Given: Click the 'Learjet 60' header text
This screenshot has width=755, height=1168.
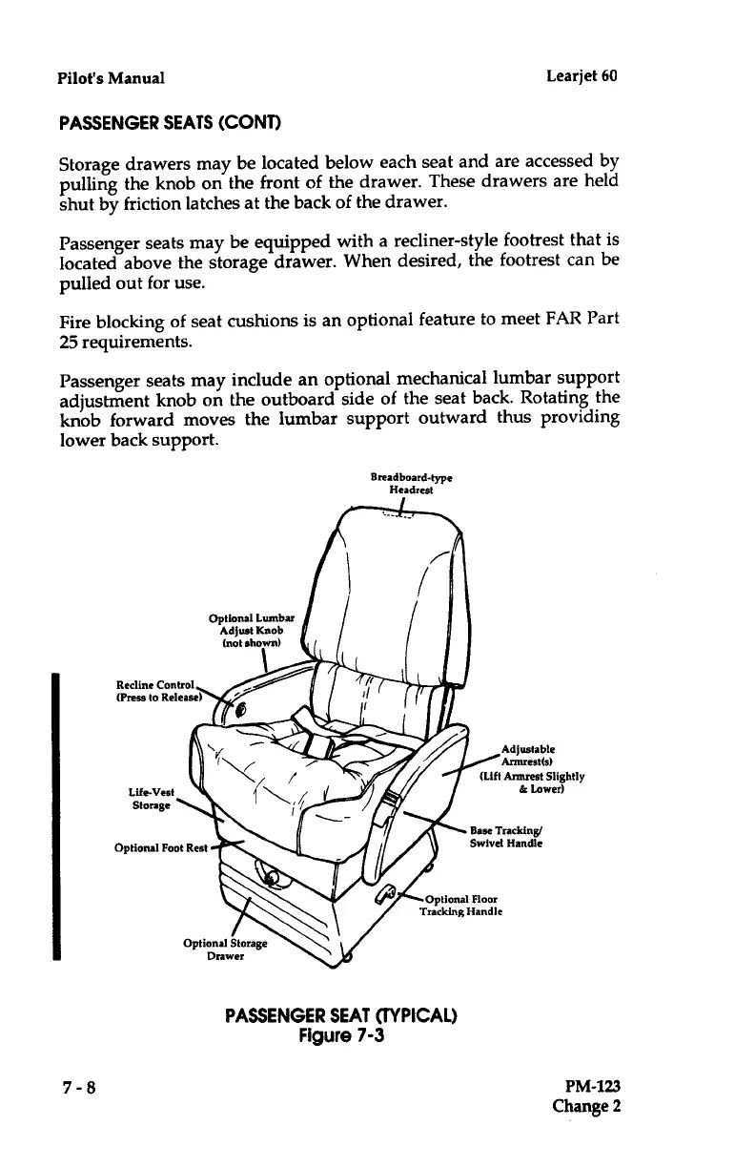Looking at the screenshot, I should pos(582,75).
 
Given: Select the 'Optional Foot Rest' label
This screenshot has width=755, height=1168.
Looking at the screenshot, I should pos(158,845).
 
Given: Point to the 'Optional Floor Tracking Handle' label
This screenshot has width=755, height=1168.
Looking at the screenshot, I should pos(461,904).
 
